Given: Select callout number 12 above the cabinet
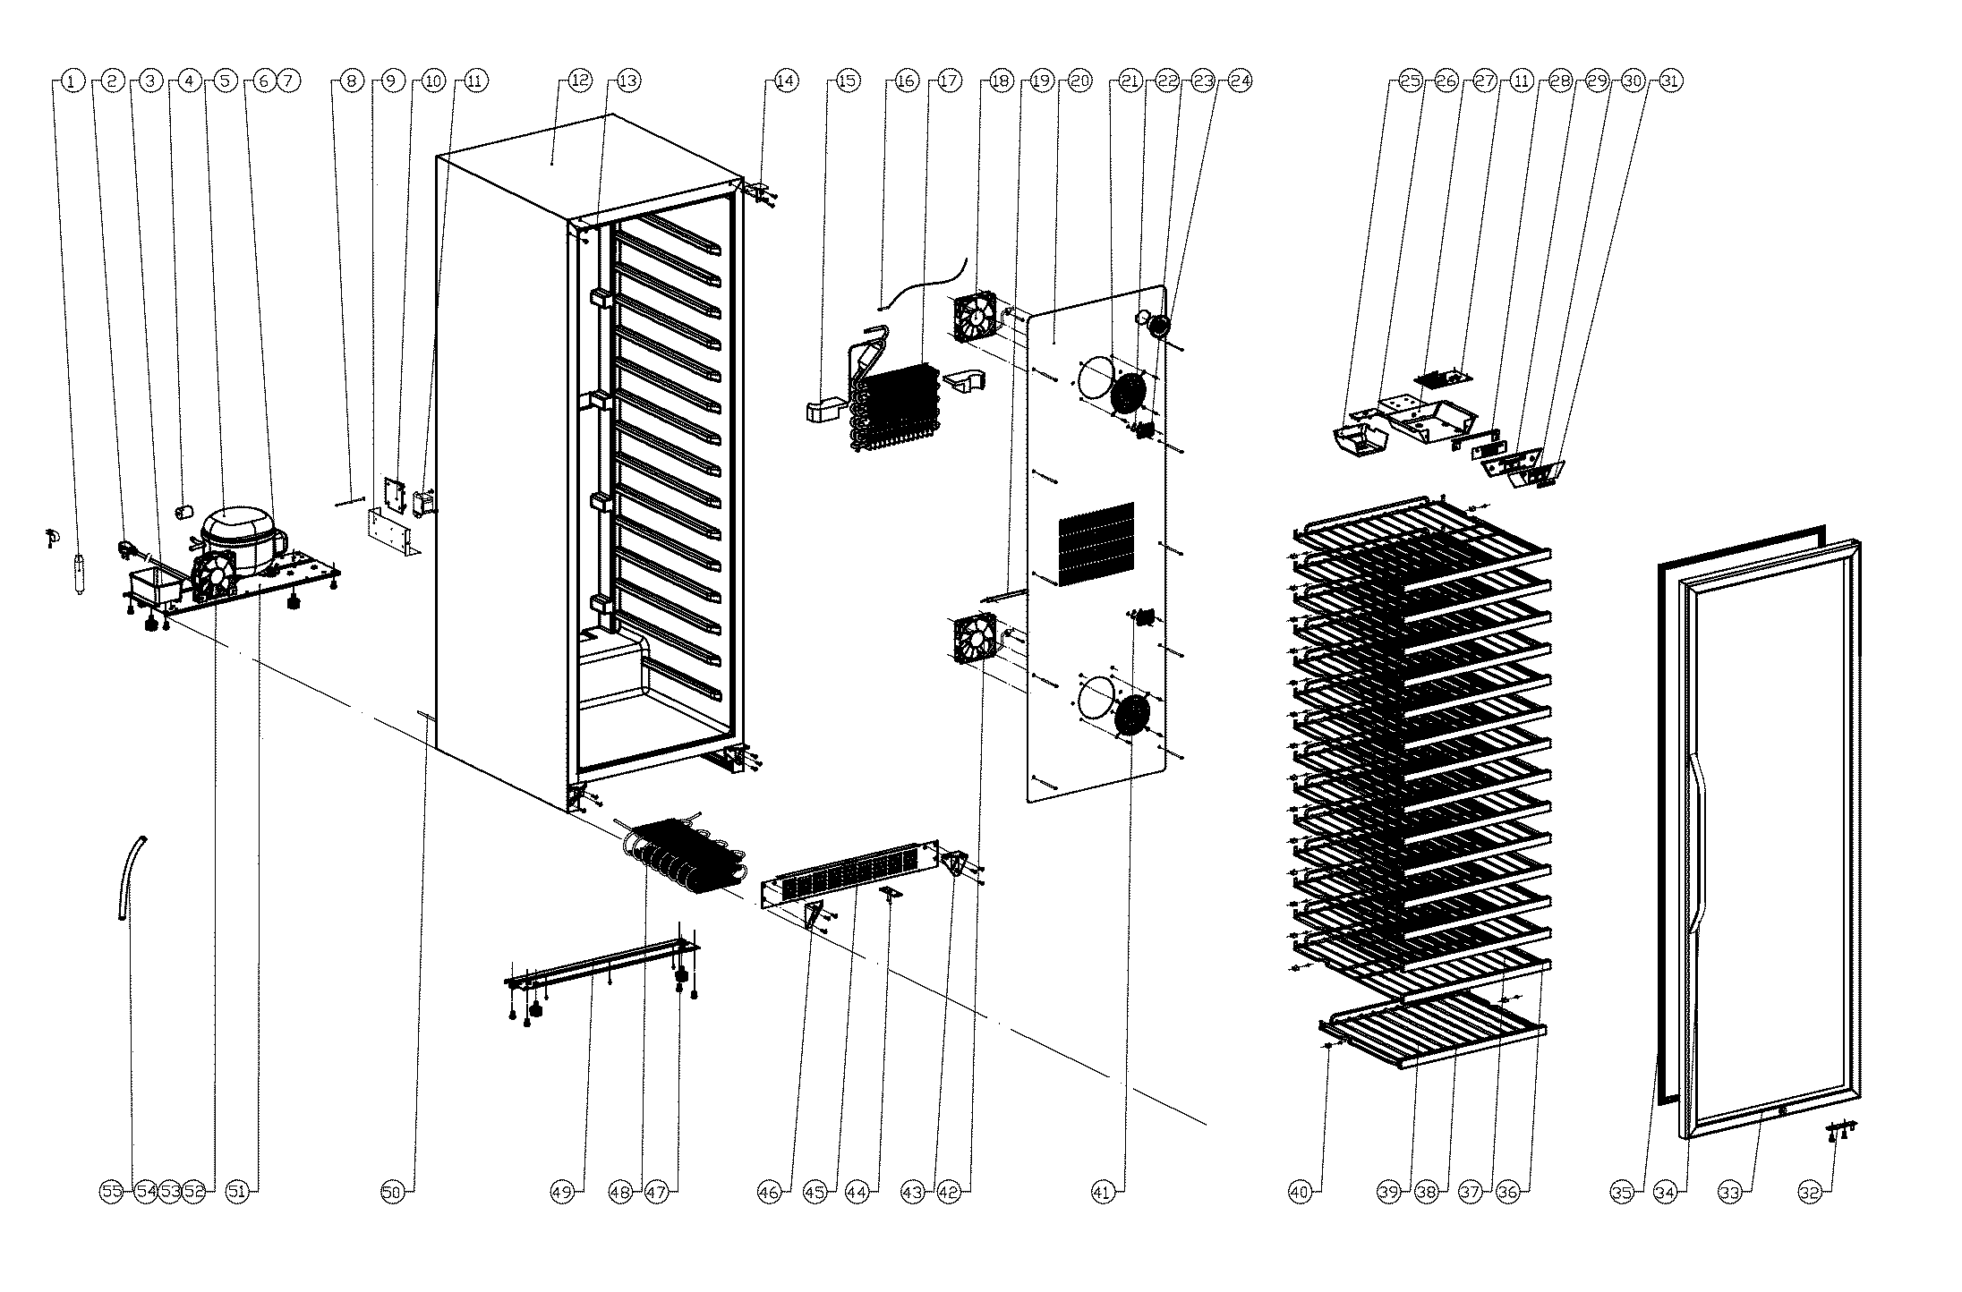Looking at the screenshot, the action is (x=580, y=81).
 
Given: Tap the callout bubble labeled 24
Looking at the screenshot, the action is (x=1240, y=81).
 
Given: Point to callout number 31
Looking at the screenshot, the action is (x=1670, y=81).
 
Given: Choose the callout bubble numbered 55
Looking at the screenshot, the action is (x=111, y=1192).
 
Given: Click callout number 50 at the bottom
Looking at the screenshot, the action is (x=392, y=1192).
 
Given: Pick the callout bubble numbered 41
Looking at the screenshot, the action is (x=1103, y=1192).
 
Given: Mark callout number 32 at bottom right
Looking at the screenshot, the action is (x=1810, y=1192).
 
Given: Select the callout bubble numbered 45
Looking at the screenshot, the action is (x=815, y=1192).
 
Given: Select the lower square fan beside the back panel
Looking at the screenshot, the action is (x=975, y=638).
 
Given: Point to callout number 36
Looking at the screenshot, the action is (x=1508, y=1192).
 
